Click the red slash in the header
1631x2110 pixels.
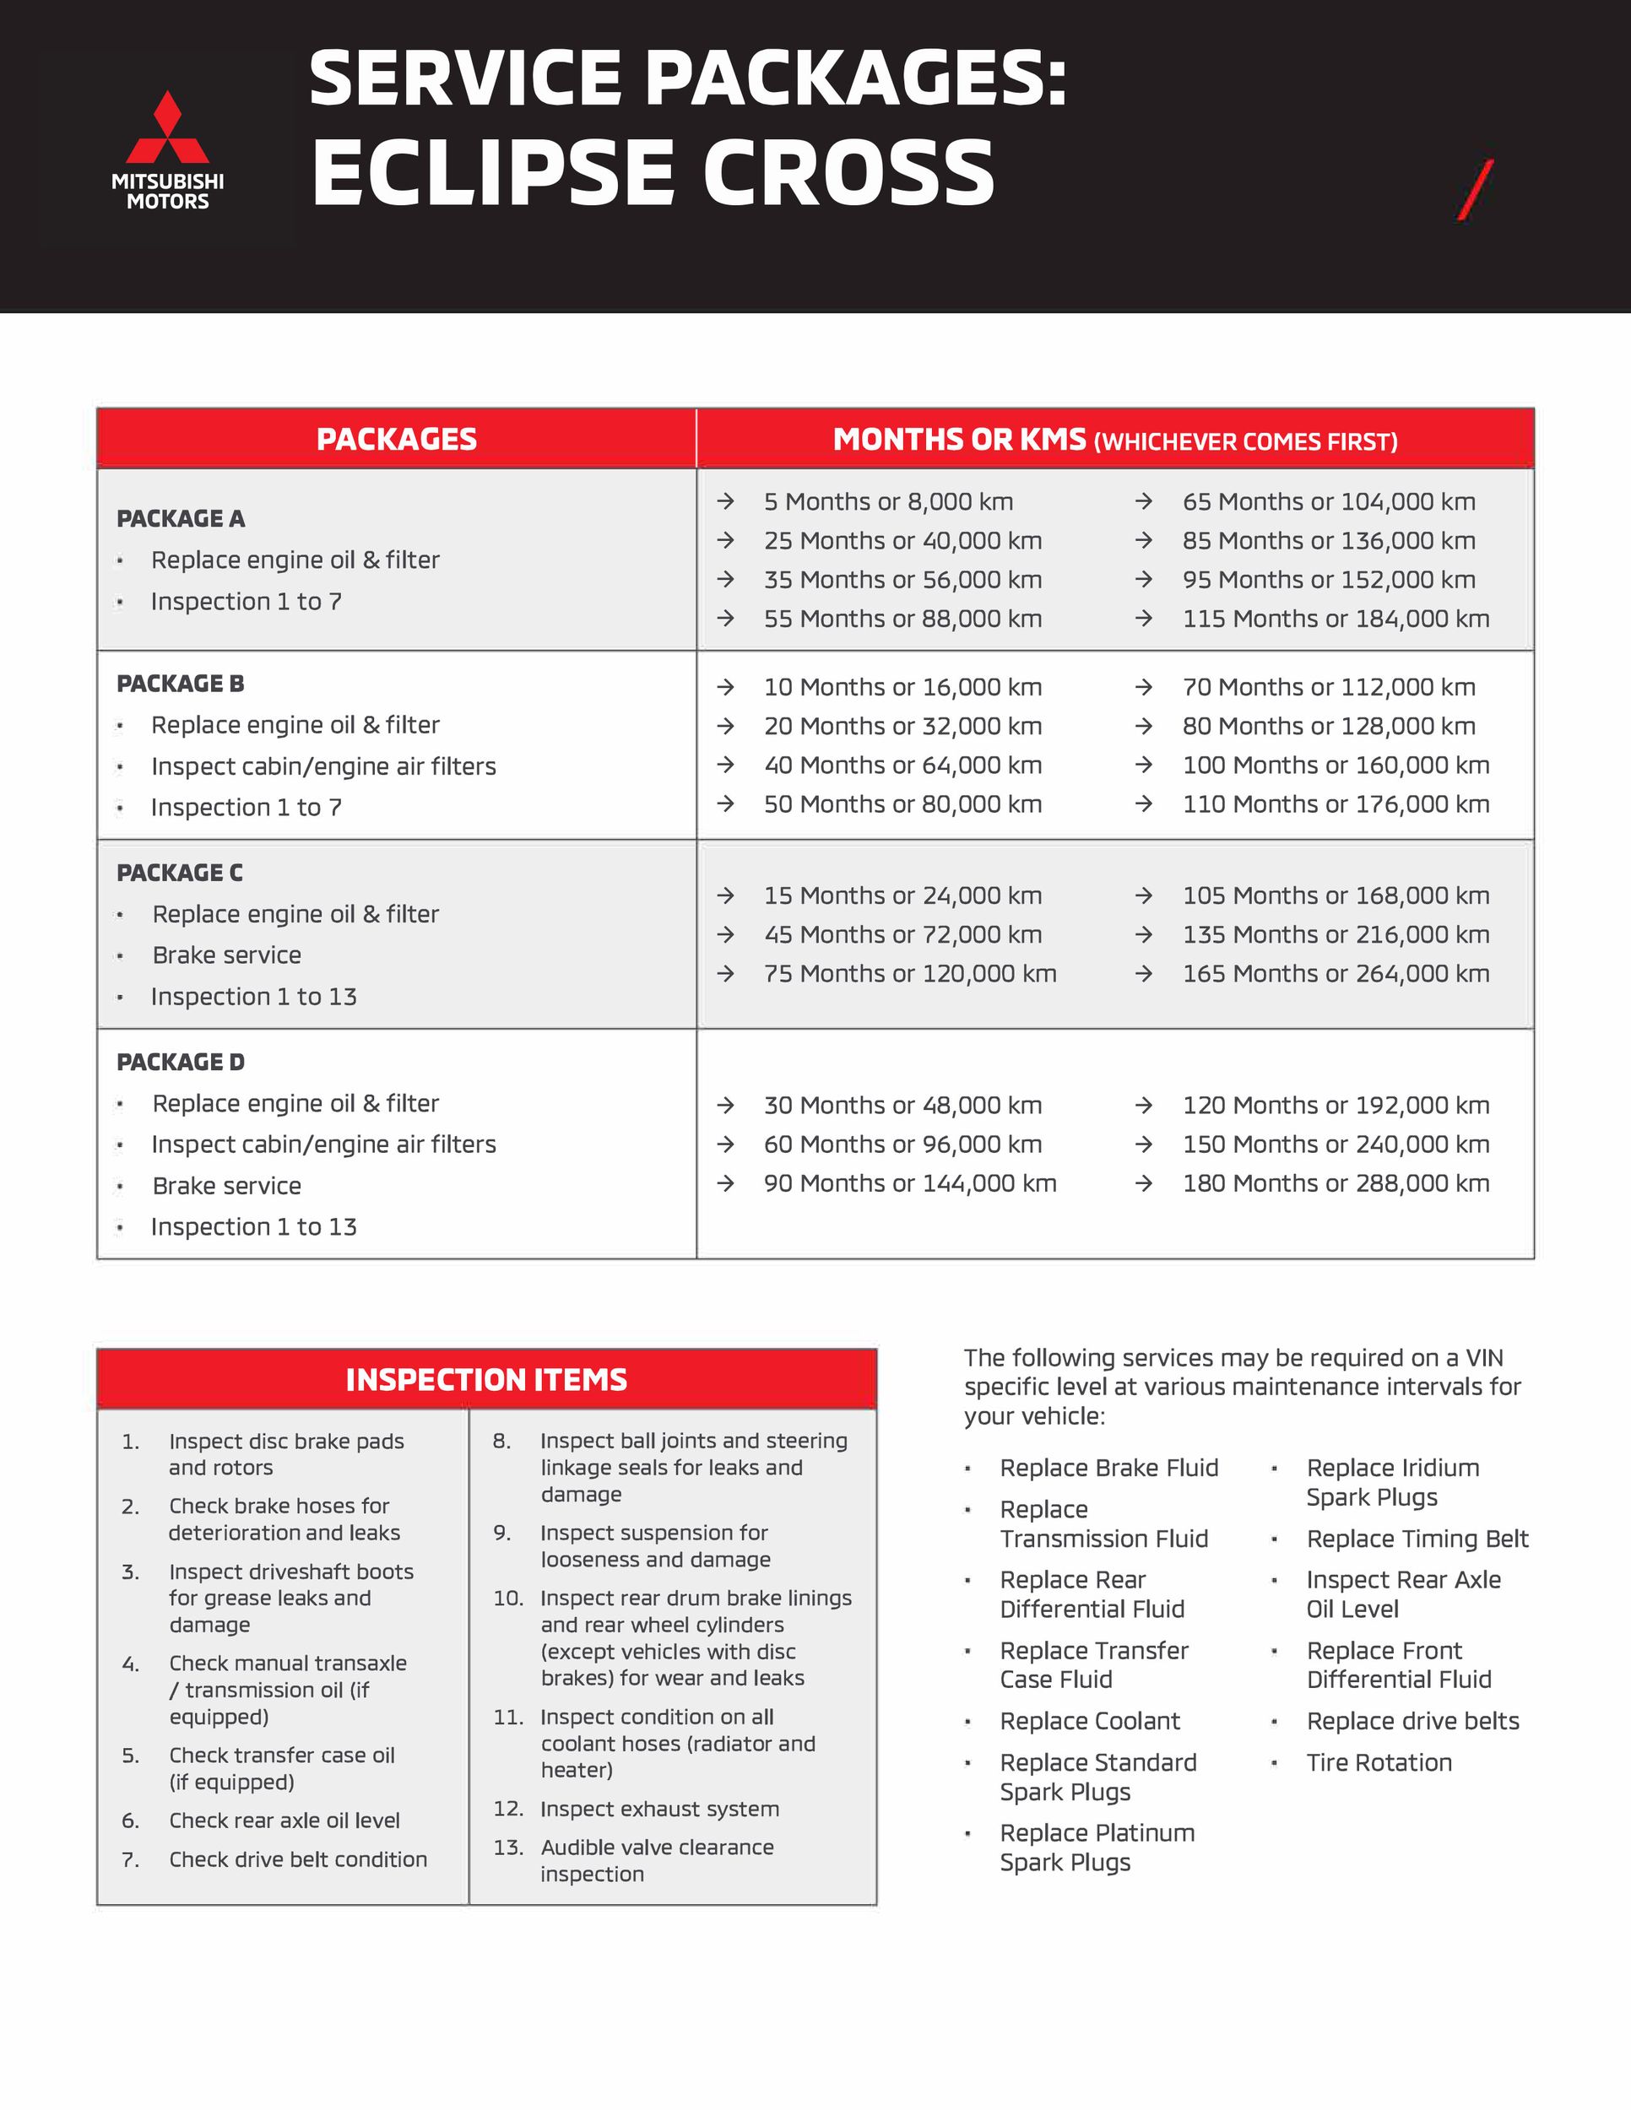[x=1476, y=189]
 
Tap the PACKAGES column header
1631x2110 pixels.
[x=396, y=440]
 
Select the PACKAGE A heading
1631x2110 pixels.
[x=181, y=519]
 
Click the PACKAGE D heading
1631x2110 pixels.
[x=181, y=1062]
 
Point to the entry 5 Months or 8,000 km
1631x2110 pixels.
[x=888, y=501]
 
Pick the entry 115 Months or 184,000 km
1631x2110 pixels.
[x=1336, y=619]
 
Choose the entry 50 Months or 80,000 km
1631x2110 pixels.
[x=902, y=803]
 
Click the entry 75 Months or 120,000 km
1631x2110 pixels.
[x=909, y=973]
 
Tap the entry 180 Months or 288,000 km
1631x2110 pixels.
[x=1336, y=1182]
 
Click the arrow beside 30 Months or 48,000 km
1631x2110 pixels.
[x=726, y=1106]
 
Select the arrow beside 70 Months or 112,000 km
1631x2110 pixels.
[x=1144, y=687]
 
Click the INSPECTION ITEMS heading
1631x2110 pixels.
[x=486, y=1380]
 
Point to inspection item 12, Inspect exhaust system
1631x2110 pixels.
[x=659, y=1809]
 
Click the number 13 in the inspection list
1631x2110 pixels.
[x=508, y=1848]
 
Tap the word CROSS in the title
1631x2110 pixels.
[x=848, y=174]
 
